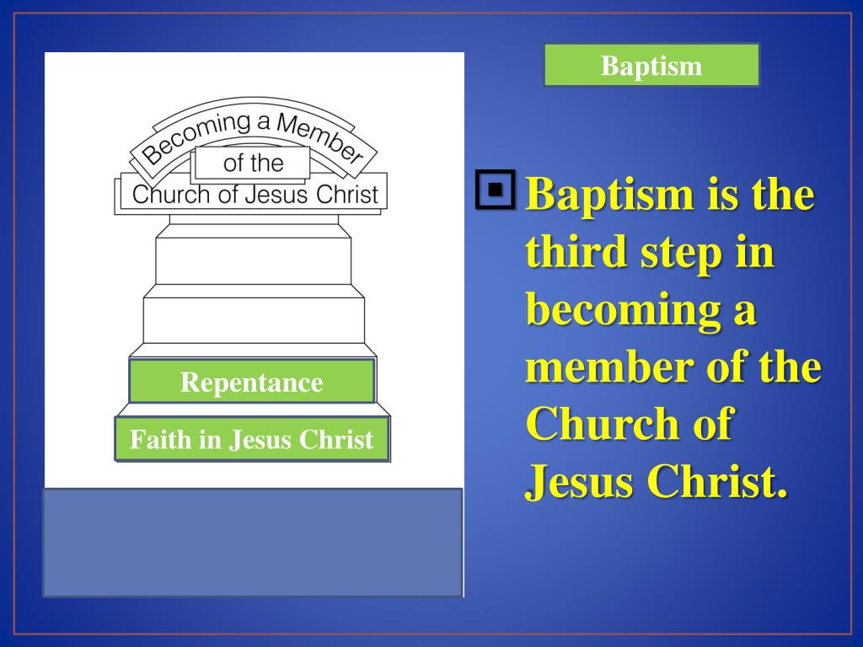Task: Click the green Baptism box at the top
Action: pos(651,66)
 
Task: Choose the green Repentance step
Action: pos(251,382)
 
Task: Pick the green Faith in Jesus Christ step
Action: pos(251,440)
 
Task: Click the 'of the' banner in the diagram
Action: pos(253,163)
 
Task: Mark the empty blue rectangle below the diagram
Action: pos(253,543)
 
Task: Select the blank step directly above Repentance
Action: pos(253,321)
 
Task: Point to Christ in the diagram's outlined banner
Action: pos(347,195)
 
